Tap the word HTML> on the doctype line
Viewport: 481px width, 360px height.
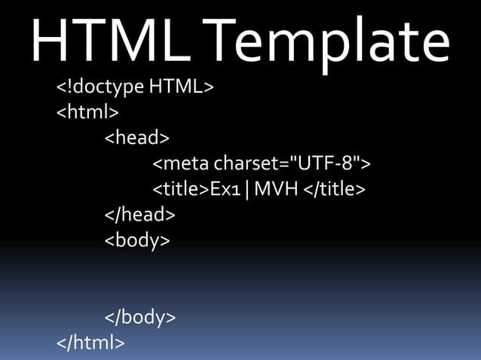[182, 87]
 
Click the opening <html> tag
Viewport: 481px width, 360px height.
[87, 113]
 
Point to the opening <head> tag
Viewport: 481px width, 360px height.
[136, 138]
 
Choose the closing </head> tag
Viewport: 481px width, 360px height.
[139, 215]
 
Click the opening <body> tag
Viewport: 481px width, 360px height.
[137, 241]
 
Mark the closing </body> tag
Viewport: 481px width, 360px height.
[140, 318]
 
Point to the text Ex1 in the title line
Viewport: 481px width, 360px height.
[225, 189]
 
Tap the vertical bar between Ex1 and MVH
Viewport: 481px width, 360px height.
[247, 189]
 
